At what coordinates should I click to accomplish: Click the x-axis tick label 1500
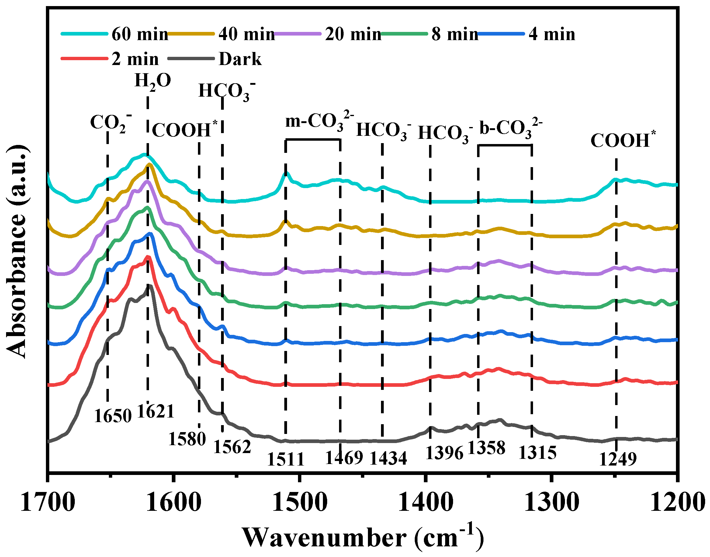tap(300, 503)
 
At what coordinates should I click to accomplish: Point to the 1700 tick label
tap(48, 503)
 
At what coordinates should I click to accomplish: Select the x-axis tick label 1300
tap(551, 503)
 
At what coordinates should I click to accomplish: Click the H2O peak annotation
tap(152, 81)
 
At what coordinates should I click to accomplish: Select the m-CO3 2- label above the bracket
tap(319, 121)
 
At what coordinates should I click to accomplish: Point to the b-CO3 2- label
tap(510, 128)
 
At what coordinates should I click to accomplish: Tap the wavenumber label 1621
tap(156, 411)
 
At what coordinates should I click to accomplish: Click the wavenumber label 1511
tap(286, 459)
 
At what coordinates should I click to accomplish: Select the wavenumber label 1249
tap(618, 459)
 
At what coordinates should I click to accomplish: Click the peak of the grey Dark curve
tap(149, 286)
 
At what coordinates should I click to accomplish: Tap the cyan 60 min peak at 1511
tap(286, 173)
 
